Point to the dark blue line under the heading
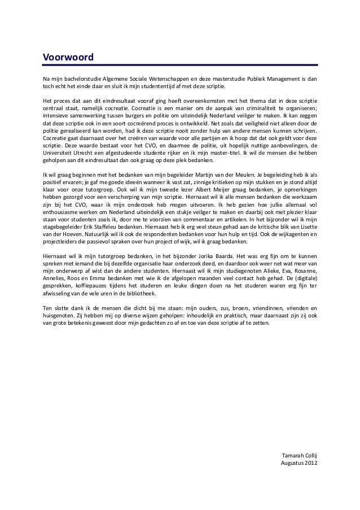pyautogui.click(x=180, y=66)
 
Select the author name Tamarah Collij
pyautogui.click(x=299, y=456)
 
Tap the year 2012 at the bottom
pyautogui.click(x=311, y=464)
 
